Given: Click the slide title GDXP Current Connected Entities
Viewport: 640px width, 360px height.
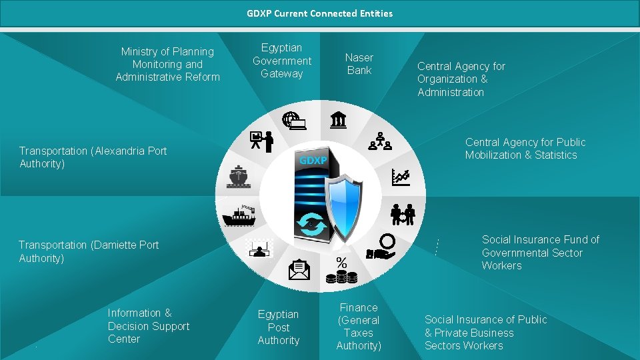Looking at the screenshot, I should pos(319,13).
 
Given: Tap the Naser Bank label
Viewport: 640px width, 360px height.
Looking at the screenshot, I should pos(359,64).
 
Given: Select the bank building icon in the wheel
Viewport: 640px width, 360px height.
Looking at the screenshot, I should pos(338,120).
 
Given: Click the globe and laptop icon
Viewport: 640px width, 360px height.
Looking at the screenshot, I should pos(293,121).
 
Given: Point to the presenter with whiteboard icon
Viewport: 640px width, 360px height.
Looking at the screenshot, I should pos(261,141).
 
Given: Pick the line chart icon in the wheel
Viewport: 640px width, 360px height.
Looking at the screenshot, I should pos(401,177).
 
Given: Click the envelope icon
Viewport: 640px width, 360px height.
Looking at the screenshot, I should pos(299,269).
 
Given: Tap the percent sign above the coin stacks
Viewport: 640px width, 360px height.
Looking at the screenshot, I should pos(341,262).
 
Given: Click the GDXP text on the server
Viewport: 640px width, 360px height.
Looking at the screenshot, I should pos(313,161).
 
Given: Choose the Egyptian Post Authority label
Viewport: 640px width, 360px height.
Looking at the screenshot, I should pos(279,327).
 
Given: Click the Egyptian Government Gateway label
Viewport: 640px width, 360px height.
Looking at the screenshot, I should pos(282,61).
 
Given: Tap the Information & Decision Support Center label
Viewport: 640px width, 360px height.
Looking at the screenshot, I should pos(148,326).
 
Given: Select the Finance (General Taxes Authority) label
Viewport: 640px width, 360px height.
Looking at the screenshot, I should pos(359,327).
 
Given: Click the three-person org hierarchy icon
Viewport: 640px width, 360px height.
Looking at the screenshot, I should pos(379,141).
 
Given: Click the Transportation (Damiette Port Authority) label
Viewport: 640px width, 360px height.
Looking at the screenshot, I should pos(89,251).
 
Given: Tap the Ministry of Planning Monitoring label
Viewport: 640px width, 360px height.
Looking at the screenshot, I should pos(167,64).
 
